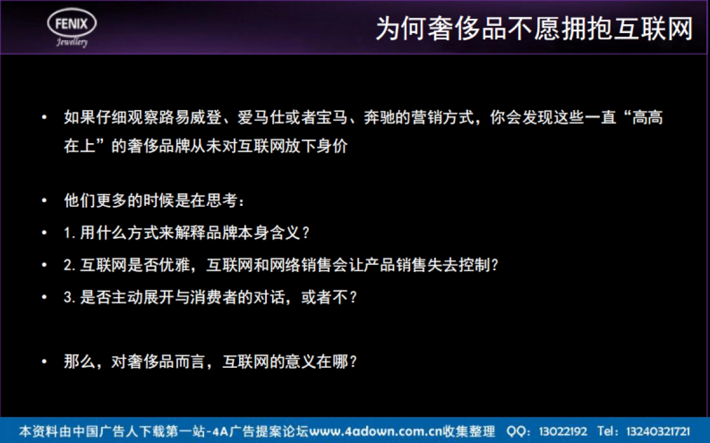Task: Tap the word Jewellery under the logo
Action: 72,42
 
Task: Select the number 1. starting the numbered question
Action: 70,232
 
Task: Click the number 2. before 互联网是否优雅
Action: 70,265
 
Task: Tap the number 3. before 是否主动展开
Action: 70,297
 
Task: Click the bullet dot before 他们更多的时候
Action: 44,201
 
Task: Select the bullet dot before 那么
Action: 44,361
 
